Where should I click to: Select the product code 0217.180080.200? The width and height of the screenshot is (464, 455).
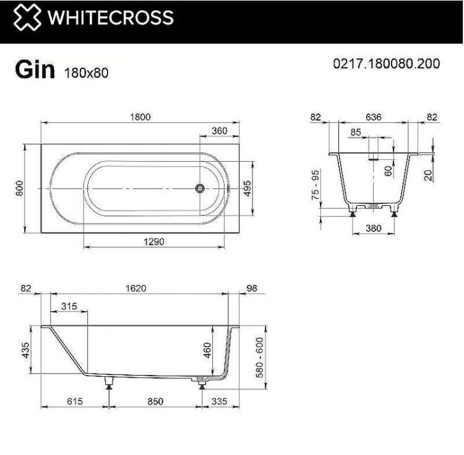[387, 64]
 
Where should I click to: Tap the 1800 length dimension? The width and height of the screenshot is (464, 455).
[140, 117]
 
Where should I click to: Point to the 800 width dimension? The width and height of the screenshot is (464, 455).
[19, 188]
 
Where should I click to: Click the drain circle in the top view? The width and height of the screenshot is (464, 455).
[199, 188]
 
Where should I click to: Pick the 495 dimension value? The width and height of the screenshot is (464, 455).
[246, 188]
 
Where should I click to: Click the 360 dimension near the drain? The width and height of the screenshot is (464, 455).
[219, 131]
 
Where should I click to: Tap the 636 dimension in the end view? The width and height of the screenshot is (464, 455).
[374, 117]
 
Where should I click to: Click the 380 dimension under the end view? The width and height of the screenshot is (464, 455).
[374, 228]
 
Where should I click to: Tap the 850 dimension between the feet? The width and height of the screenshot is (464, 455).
[155, 401]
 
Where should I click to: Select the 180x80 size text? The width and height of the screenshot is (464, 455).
[86, 72]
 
